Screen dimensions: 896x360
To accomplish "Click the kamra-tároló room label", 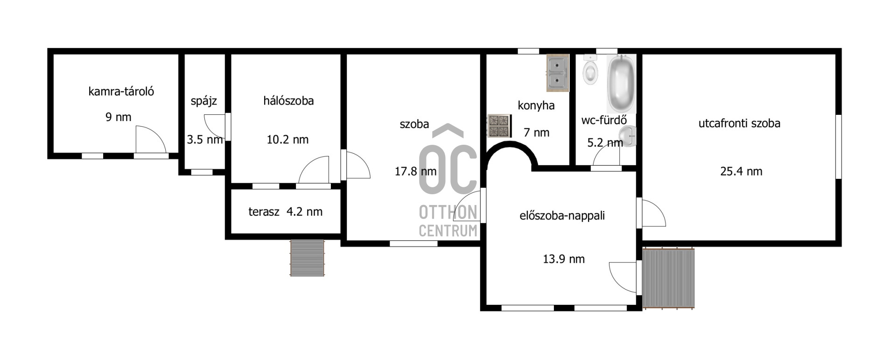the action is [x=121, y=92].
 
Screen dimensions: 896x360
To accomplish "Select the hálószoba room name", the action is [x=288, y=101].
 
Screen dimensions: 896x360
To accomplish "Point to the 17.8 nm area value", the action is [x=415, y=171].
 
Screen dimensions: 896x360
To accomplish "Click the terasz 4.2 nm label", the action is [x=285, y=212].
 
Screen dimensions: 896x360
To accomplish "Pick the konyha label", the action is [x=536, y=106].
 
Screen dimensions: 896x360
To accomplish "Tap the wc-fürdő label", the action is [x=604, y=120].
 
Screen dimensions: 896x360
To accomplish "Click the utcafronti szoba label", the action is [x=739, y=123].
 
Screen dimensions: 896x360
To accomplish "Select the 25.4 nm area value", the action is [x=741, y=171].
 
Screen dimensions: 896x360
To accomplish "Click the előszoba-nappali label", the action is [x=562, y=216].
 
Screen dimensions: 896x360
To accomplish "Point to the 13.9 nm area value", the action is [x=564, y=259].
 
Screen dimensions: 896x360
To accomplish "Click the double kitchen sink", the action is [x=558, y=73].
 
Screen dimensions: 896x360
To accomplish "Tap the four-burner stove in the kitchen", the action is [x=499, y=126].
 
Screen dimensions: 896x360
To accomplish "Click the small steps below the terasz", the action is [x=307, y=258].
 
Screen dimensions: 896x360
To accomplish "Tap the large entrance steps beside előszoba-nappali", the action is [x=668, y=279].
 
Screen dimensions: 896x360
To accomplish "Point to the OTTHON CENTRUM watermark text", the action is [x=448, y=221].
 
